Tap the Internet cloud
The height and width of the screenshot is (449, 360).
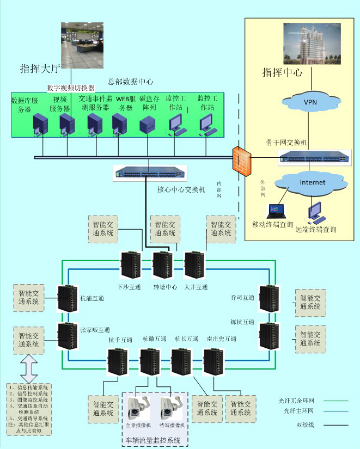click(312, 182)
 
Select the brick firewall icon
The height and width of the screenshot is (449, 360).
click(239, 158)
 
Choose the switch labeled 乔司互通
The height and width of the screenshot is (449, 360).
click(269, 297)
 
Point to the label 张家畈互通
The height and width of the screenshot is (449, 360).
click(95, 330)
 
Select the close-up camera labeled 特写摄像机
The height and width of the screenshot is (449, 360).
click(169, 406)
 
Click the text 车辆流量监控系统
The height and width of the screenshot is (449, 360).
click(154, 439)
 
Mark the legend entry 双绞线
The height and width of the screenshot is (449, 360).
click(304, 425)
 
